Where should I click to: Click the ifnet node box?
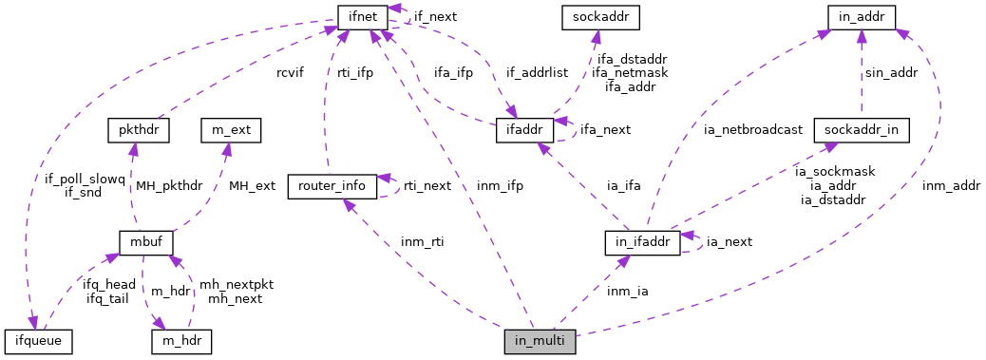click(x=360, y=15)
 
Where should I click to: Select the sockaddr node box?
click(x=596, y=15)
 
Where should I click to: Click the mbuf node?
click(x=145, y=242)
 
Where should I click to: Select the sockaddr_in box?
click(x=862, y=129)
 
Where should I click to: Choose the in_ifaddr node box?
click(x=643, y=242)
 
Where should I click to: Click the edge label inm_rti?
click(x=422, y=242)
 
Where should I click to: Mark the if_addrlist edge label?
click(x=538, y=72)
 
